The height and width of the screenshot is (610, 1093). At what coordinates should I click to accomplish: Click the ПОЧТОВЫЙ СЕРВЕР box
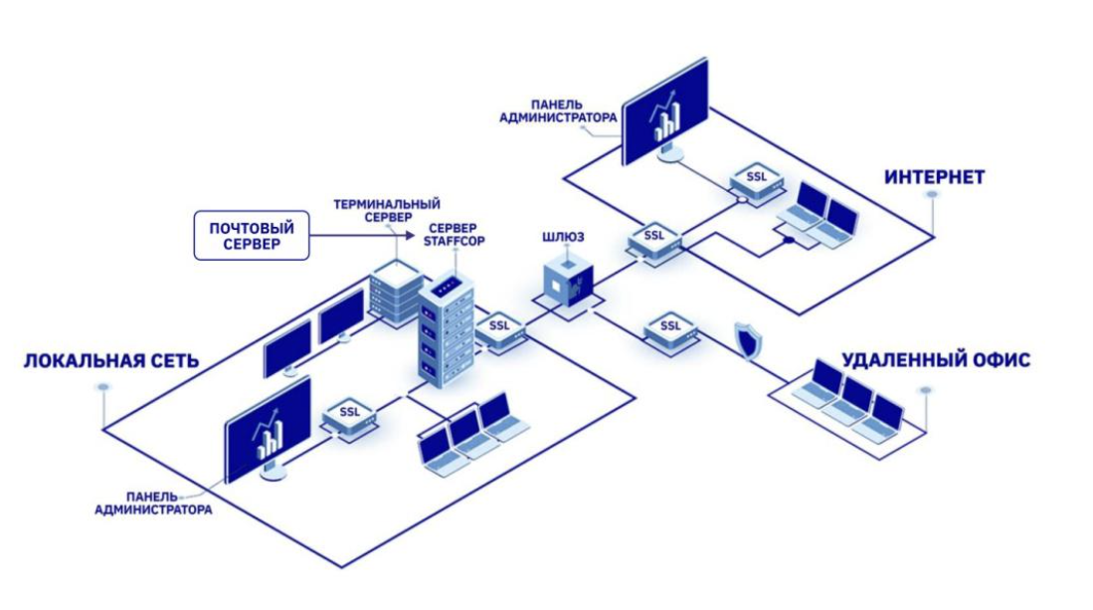click(x=252, y=236)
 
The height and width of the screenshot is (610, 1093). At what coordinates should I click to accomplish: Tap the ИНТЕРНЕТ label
click(x=934, y=177)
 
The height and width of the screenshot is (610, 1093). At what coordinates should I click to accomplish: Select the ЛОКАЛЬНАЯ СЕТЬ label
click(x=110, y=359)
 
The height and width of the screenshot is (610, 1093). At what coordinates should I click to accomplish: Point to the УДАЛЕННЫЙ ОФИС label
click(x=935, y=359)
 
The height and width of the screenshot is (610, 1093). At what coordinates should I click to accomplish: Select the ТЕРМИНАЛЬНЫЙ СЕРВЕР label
click(x=387, y=210)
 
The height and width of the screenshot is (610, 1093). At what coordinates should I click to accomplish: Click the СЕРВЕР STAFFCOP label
click(x=455, y=235)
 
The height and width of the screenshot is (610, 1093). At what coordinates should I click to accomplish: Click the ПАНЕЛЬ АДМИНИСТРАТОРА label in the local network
click(x=153, y=504)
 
